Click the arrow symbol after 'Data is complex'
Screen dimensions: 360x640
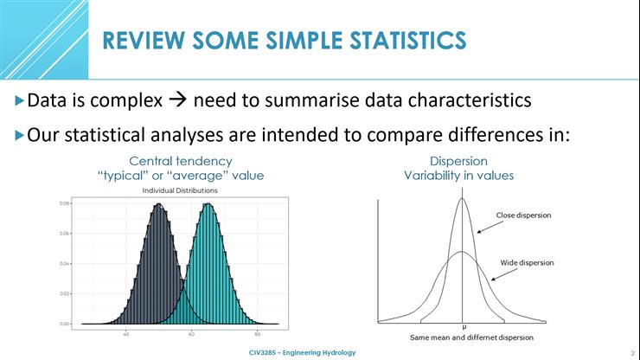coord(177,101)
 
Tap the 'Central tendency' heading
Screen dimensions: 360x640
coord(180,161)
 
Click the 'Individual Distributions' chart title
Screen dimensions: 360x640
coord(180,190)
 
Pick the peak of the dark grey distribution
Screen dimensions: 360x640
coord(158,205)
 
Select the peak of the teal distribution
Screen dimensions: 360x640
coord(208,205)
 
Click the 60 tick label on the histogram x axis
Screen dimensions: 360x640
coord(191,333)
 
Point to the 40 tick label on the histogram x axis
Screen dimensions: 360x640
coord(126,333)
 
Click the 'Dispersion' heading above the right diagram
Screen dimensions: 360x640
coord(458,161)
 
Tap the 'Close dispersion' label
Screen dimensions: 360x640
coord(523,215)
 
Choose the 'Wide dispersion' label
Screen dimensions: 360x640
coord(527,262)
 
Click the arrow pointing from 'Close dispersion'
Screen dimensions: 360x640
coord(489,226)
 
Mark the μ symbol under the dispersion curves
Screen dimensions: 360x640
coord(464,327)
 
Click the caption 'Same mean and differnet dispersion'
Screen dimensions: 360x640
coord(458,337)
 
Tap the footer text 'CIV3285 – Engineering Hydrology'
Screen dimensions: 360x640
coord(301,353)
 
